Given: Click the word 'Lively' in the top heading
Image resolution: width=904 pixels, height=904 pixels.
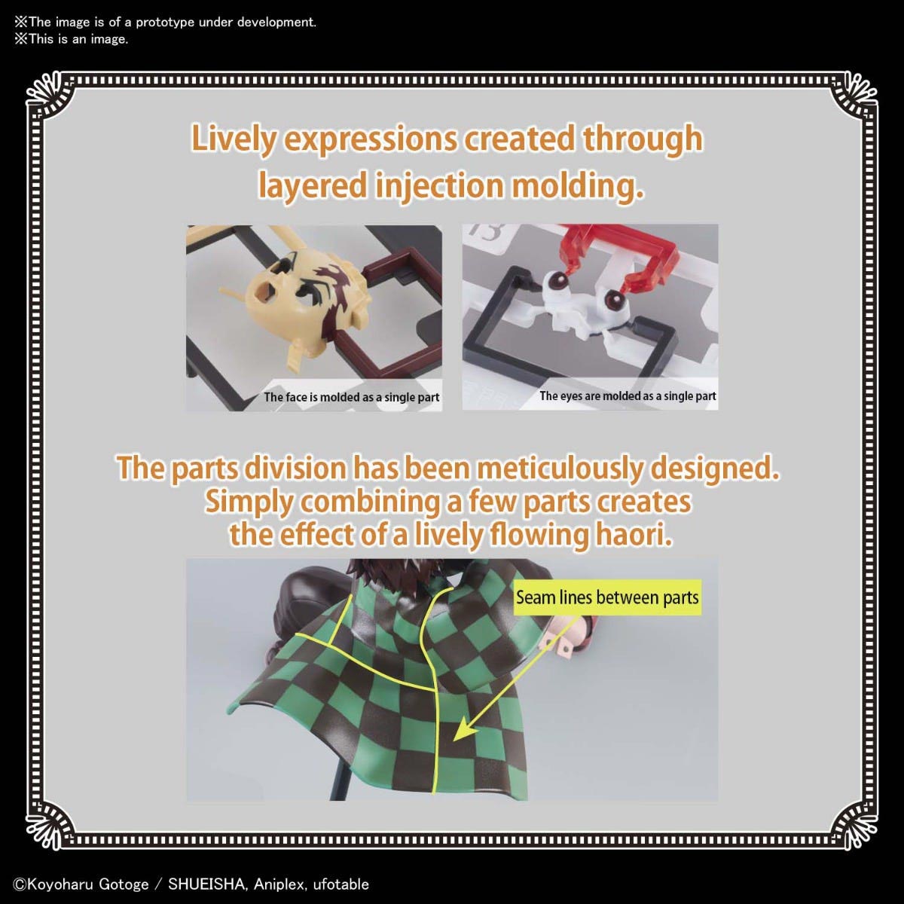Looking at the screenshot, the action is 233,139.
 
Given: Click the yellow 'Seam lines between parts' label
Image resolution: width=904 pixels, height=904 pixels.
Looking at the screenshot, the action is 607,597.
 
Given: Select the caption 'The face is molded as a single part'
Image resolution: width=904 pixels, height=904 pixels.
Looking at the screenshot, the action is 351,397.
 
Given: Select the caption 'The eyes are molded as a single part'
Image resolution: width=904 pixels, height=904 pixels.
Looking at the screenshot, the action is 628,396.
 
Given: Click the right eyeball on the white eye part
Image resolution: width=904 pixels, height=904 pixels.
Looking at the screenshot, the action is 612,299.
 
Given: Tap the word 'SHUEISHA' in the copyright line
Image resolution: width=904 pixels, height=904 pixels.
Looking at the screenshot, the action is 206,884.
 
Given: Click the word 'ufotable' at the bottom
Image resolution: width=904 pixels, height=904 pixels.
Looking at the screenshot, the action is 341,884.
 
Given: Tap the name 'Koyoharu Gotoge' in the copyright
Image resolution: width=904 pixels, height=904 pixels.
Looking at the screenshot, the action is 87,884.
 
